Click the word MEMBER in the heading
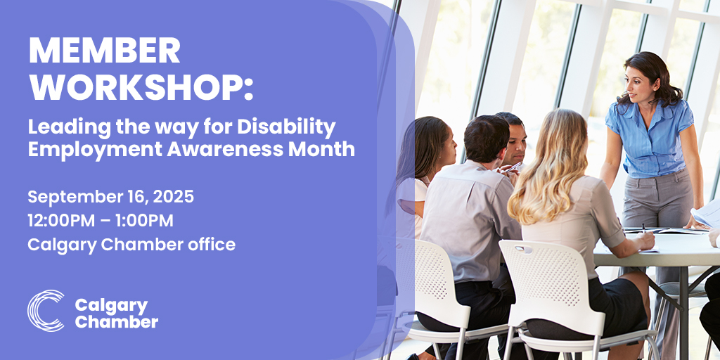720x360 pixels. pyautogui.click(x=104, y=51)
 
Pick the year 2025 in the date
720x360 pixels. pyautogui.click(x=173, y=197)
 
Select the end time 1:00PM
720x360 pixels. pyautogui.click(x=146, y=220)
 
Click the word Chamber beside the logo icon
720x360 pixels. pyautogui.click(x=116, y=322)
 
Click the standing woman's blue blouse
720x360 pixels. pyautogui.click(x=650, y=138)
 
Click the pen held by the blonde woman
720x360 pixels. pyautogui.click(x=644, y=229)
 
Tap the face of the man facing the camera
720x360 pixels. pyautogui.click(x=516, y=142)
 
